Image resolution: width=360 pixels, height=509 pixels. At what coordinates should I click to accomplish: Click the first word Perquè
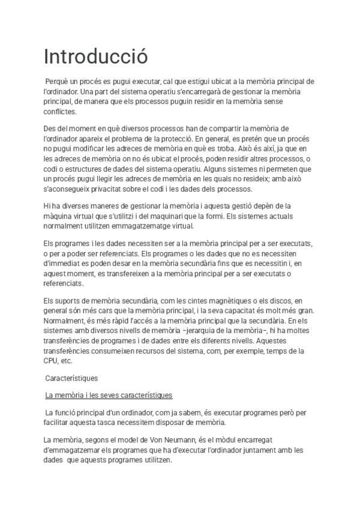(58, 82)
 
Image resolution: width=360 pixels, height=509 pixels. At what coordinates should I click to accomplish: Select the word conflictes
(60, 112)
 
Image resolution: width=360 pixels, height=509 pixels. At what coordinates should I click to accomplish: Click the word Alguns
(225, 168)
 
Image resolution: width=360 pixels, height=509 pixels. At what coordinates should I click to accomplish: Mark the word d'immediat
(64, 263)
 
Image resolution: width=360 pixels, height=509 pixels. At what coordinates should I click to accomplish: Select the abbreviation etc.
(66, 361)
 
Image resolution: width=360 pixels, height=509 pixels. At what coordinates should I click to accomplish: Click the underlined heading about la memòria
(109, 395)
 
